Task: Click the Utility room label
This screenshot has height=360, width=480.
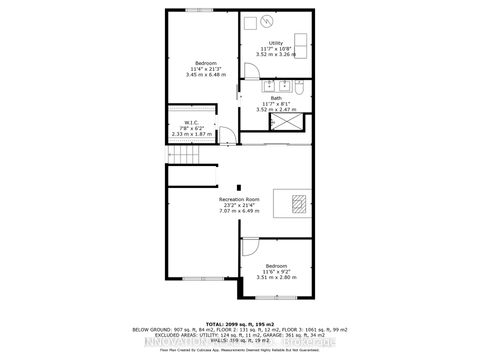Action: (275, 42)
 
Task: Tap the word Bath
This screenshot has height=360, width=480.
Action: (275, 98)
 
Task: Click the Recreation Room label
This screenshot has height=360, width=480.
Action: (239, 199)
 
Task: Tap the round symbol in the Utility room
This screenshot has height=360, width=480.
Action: (267, 21)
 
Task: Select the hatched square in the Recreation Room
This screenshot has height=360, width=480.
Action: (298, 204)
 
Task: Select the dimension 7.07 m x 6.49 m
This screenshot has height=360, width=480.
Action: (239, 211)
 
